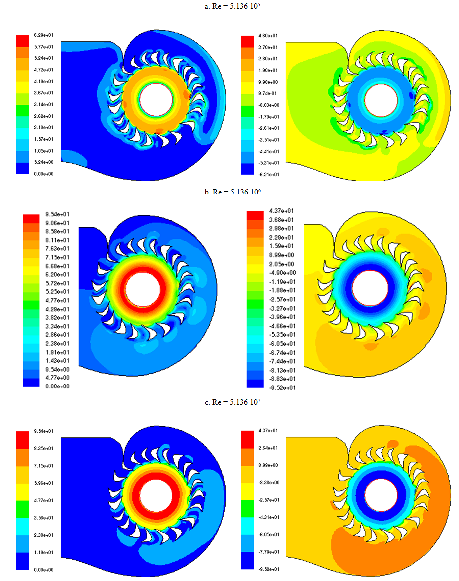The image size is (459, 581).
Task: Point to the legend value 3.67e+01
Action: (x=42, y=92)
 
